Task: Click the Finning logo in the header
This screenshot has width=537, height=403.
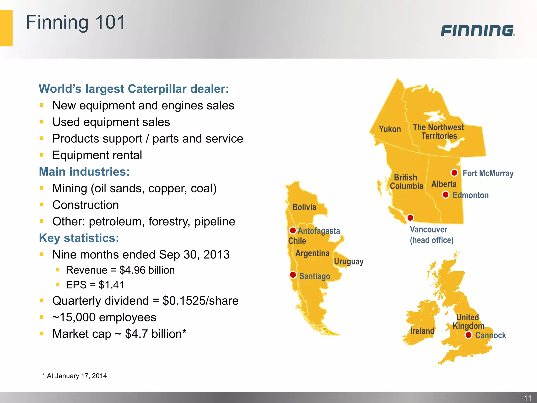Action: pos(477,30)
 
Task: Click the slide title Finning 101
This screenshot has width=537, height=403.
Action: pos(76,22)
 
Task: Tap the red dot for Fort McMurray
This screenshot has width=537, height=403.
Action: pos(454,173)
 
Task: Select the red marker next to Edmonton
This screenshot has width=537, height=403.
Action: pos(445,195)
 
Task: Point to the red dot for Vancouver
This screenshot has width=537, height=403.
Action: pos(410,218)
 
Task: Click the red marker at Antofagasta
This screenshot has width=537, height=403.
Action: pos(293,230)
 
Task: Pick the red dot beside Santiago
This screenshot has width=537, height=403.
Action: pos(293,275)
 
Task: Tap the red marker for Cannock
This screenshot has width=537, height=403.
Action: pos(469,335)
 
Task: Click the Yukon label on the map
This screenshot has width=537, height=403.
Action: pos(390,129)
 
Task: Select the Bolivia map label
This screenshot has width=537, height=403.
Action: pos(304,207)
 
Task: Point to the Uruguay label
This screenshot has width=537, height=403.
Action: pos(348,262)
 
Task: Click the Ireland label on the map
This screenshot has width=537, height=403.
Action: pos(422,331)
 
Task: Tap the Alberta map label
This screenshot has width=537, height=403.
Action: pos(444,184)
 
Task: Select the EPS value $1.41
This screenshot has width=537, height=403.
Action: pos(111,285)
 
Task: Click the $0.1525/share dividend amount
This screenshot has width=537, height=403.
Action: pos(201,301)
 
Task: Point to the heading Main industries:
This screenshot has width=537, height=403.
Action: pos(84,172)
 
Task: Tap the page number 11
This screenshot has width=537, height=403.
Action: pos(528,398)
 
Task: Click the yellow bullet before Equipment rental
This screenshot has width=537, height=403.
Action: pos(41,155)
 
